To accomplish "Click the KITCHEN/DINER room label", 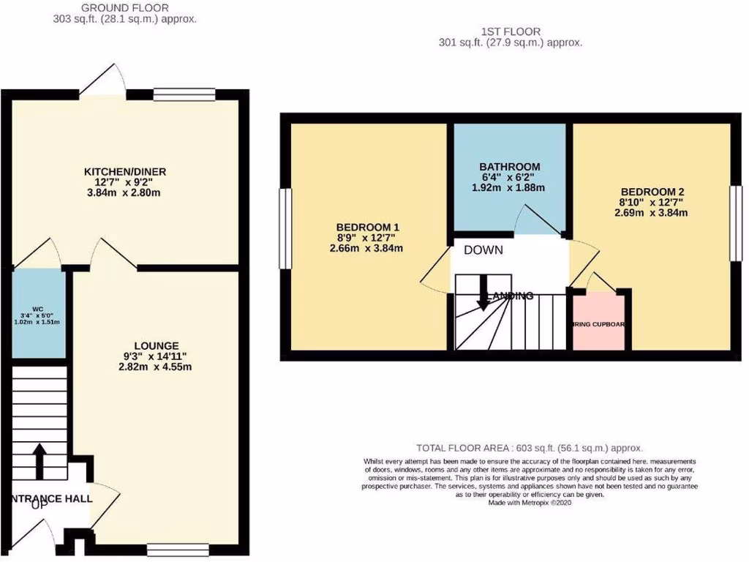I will pyautogui.click(x=124, y=172).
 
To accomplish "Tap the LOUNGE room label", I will pyautogui.click(x=157, y=345).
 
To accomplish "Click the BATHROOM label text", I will pyautogui.click(x=510, y=167).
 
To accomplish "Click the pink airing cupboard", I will pyautogui.click(x=598, y=321).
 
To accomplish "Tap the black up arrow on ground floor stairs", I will pyautogui.click(x=39, y=459).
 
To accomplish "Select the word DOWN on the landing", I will pyautogui.click(x=483, y=250).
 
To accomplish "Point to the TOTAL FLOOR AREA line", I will pyautogui.click(x=529, y=448).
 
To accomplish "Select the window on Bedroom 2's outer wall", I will pyautogui.click(x=735, y=222).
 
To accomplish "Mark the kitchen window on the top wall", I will pyautogui.click(x=184, y=94).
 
